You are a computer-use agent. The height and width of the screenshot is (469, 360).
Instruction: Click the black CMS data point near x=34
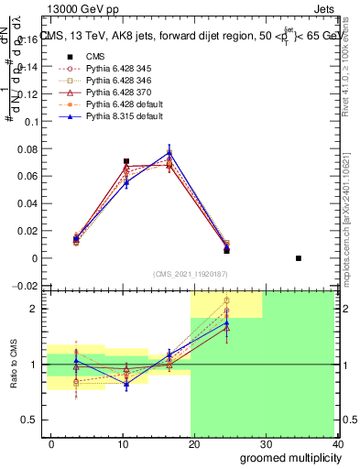tap(299, 258)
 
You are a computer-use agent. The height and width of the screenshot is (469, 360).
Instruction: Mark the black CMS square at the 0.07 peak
tap(126, 161)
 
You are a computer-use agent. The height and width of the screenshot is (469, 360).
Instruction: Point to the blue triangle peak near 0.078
tap(169, 153)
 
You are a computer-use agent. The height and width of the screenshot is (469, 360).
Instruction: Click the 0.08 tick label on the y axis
tap(29, 149)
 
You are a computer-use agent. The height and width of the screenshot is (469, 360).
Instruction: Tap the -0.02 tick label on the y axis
tap(27, 286)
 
